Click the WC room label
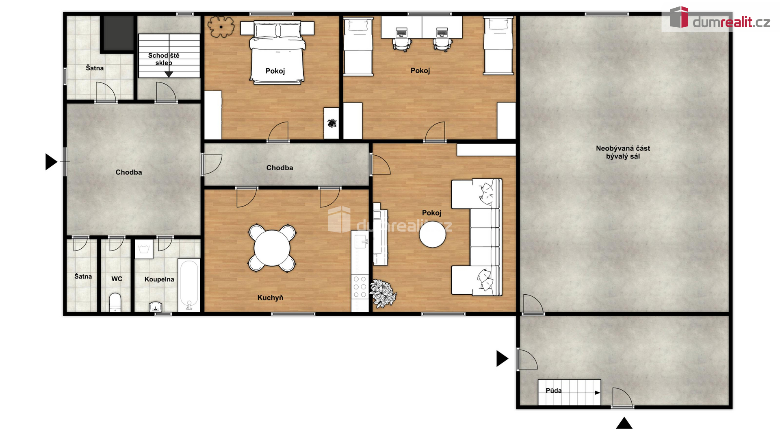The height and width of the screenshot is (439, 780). pos(117,279)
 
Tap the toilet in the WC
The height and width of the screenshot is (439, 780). pos(115,302)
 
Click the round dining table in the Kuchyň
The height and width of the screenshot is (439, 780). pos(272,248)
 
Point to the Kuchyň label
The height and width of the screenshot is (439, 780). pos(270,298)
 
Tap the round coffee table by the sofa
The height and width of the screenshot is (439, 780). pos(432,235)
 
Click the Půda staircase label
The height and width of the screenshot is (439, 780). pos(553,391)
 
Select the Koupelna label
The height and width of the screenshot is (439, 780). pos(159,279)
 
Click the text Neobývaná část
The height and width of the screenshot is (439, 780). pos(623,148)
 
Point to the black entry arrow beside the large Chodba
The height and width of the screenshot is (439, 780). pos(51,162)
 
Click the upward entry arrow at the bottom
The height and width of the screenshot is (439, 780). pos(624,423)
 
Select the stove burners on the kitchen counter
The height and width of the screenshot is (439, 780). pos(360,287)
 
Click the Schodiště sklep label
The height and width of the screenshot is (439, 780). pos(164,59)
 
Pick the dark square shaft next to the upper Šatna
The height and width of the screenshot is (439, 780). pos(118,33)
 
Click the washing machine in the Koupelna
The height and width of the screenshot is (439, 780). pos(144,249)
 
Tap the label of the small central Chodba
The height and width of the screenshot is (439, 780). pos(279,168)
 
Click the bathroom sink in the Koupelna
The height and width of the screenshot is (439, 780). pos(156,307)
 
